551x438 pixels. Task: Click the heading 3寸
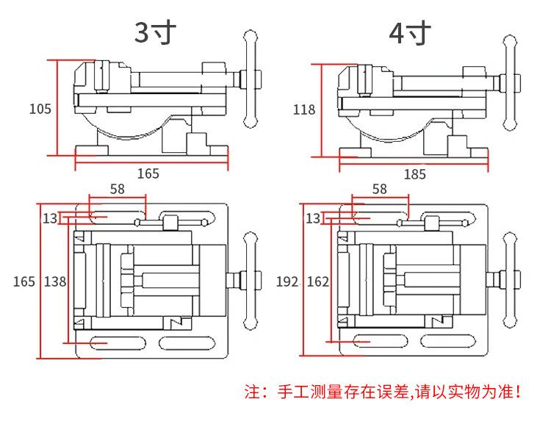(x=156, y=33)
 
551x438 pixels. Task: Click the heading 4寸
(x=409, y=33)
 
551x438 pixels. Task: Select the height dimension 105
(x=40, y=109)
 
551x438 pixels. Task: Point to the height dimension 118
(x=303, y=109)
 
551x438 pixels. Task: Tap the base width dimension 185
(x=414, y=175)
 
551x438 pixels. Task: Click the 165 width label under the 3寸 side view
(x=148, y=173)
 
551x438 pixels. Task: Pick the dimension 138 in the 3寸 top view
(x=54, y=281)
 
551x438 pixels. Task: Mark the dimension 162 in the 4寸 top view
(x=317, y=281)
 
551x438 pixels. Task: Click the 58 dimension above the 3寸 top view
(x=116, y=189)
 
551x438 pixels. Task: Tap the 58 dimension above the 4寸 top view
(x=379, y=189)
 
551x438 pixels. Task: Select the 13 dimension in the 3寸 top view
(x=49, y=218)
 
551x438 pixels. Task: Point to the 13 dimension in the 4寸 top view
(x=312, y=218)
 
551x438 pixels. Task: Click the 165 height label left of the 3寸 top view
(x=24, y=281)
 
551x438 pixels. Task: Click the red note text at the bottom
(x=382, y=392)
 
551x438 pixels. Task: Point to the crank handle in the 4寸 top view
(x=512, y=281)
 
